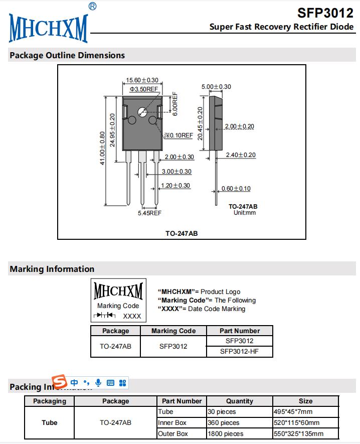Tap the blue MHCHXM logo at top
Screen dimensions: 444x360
[x=48, y=28]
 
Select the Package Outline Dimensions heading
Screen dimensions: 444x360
[x=67, y=55]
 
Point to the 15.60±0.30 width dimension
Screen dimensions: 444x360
[x=142, y=80]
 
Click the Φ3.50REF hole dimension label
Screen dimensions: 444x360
[x=144, y=89]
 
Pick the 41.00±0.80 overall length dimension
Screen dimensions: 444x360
[x=102, y=148]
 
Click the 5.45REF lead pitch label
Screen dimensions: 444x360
[x=149, y=213]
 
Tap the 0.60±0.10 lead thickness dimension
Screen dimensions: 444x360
[x=236, y=189]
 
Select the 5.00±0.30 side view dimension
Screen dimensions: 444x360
[x=216, y=86]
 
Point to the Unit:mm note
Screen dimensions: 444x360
[x=245, y=213]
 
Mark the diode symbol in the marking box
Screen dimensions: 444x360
[x=104, y=316]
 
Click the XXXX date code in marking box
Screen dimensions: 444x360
[x=132, y=316]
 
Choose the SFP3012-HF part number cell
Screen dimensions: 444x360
[x=239, y=351]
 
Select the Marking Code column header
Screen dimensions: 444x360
[x=173, y=331]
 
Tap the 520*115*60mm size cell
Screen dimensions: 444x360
[x=296, y=422]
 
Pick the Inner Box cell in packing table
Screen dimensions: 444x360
[x=172, y=422]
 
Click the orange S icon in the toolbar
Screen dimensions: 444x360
[x=60, y=382]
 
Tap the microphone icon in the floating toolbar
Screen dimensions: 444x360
[x=98, y=383]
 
